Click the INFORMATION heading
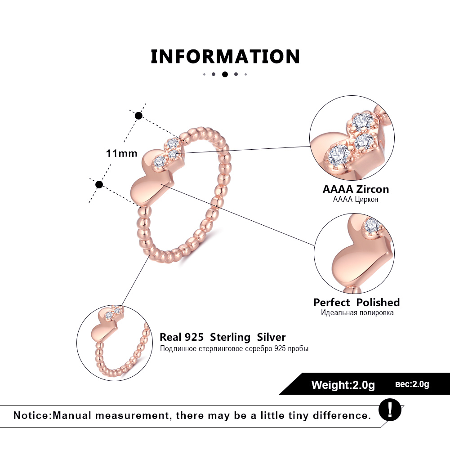click(x=225, y=57)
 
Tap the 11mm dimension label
click(x=121, y=153)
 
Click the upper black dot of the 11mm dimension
click(x=138, y=116)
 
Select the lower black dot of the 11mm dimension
click(x=99, y=184)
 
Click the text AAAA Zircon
click(x=356, y=189)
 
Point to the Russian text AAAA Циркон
click(x=356, y=199)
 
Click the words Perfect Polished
click(x=356, y=303)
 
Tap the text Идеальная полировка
click(x=357, y=313)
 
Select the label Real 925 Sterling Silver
click(x=223, y=337)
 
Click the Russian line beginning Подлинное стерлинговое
click(x=234, y=348)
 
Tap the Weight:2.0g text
click(x=343, y=385)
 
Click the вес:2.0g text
click(x=412, y=384)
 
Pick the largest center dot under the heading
click(x=225, y=74)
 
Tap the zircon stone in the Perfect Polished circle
click(x=373, y=227)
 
